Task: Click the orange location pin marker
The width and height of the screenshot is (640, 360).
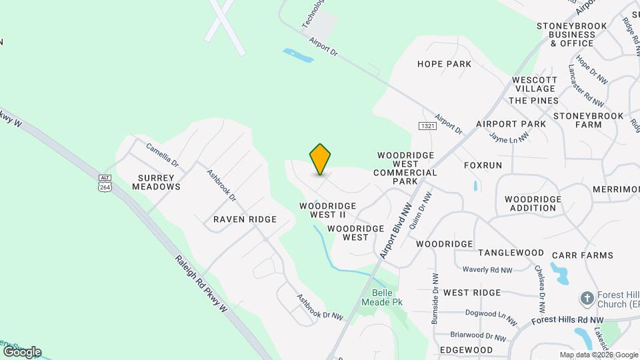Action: (x=320, y=159)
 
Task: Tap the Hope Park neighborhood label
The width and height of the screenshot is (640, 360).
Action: (x=444, y=64)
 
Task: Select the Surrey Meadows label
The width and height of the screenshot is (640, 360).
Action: (x=159, y=182)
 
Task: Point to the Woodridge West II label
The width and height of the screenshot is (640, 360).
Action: (x=327, y=210)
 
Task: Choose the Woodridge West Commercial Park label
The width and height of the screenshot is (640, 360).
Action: (x=405, y=168)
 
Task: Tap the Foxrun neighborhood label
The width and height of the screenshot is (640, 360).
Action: (x=483, y=165)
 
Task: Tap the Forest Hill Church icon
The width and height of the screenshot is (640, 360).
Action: (x=587, y=297)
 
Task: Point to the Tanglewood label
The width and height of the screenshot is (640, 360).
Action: (x=511, y=253)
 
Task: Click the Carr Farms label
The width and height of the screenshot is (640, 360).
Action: (x=582, y=255)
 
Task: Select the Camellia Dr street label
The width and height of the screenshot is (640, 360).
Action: (x=163, y=154)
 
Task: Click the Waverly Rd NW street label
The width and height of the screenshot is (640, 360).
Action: (x=487, y=270)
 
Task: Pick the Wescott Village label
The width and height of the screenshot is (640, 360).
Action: (x=534, y=85)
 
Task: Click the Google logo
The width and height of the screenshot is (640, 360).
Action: (x=22, y=351)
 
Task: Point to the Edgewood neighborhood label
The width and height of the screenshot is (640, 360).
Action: (x=466, y=350)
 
